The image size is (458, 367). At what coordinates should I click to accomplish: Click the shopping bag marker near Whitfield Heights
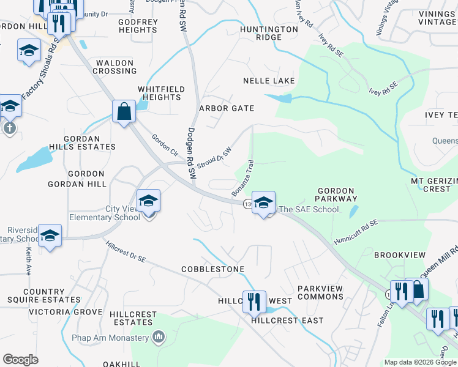124,111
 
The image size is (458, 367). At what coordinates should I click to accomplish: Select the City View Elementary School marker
148,201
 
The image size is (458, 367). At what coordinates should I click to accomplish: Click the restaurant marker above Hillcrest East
253,302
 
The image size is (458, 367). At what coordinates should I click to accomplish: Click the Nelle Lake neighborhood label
269,81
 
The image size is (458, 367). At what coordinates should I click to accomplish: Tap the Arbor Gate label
227,108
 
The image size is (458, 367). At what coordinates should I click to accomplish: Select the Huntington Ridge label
269,33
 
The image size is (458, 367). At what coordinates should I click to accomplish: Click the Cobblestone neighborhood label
212,269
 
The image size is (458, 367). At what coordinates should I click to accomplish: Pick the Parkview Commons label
320,292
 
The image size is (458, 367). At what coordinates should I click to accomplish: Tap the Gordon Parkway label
336,195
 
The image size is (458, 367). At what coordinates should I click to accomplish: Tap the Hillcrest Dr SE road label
126,251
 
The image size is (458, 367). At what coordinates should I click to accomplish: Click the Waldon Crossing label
114,67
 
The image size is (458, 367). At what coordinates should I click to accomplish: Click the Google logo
20,360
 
